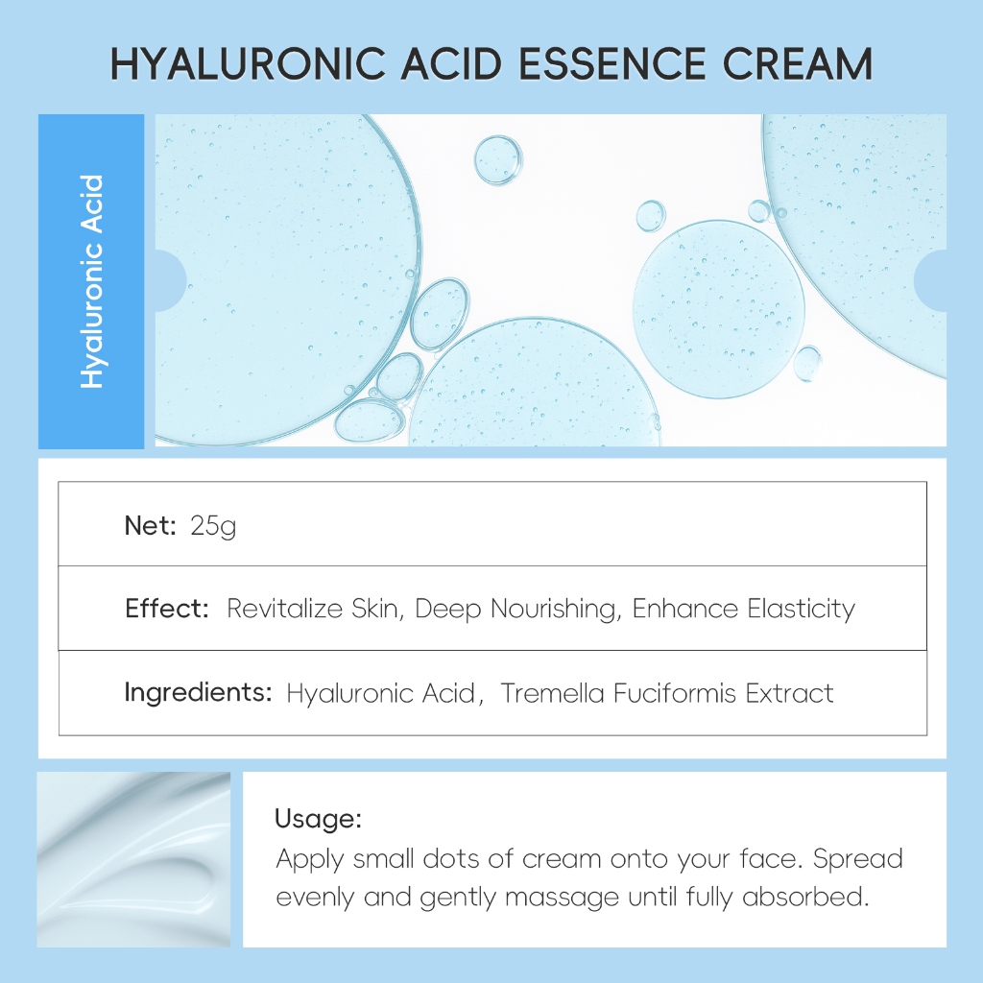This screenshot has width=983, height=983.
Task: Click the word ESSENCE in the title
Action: [x=612, y=64]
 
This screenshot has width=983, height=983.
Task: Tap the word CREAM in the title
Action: [x=798, y=64]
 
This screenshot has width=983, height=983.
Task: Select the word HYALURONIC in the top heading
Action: [x=248, y=64]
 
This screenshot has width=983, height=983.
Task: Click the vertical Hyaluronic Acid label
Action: [x=91, y=281]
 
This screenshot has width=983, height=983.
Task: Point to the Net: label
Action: [x=151, y=525]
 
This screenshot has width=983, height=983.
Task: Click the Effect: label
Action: [x=167, y=608]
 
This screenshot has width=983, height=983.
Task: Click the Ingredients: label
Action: [x=198, y=693]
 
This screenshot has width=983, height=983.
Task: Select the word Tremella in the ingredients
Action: [x=552, y=693]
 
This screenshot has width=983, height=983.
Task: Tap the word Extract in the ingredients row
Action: [x=789, y=693]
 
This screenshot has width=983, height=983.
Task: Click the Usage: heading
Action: [x=319, y=819]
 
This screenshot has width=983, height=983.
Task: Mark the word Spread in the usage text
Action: [x=857, y=859]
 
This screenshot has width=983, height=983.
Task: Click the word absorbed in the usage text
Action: [x=805, y=897]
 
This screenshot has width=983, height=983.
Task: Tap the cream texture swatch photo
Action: [x=133, y=859]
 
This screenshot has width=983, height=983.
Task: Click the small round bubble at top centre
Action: [x=498, y=160]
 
